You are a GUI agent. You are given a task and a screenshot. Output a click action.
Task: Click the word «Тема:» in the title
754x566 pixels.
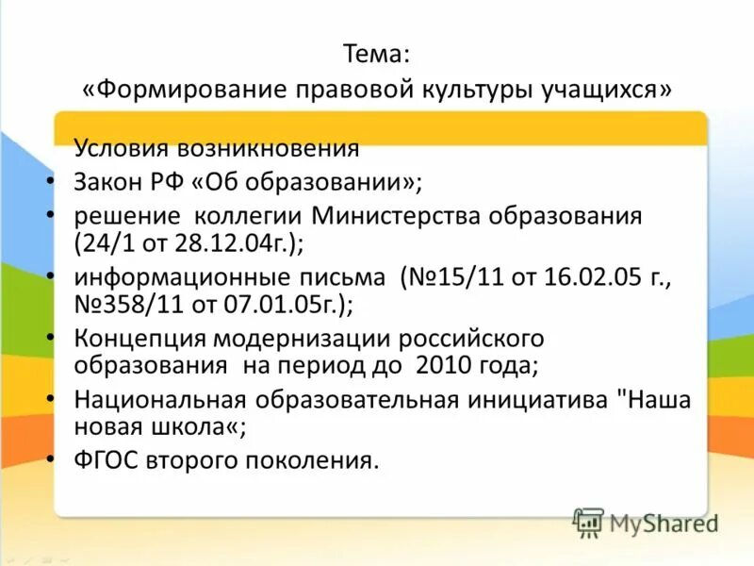[x=377, y=54]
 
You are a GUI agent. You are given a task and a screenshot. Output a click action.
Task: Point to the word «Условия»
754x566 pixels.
[x=122, y=148]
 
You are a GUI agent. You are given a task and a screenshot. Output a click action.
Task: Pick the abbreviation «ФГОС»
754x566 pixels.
[x=105, y=460]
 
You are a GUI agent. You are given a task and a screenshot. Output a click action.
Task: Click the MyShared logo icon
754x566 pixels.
[x=588, y=522]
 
